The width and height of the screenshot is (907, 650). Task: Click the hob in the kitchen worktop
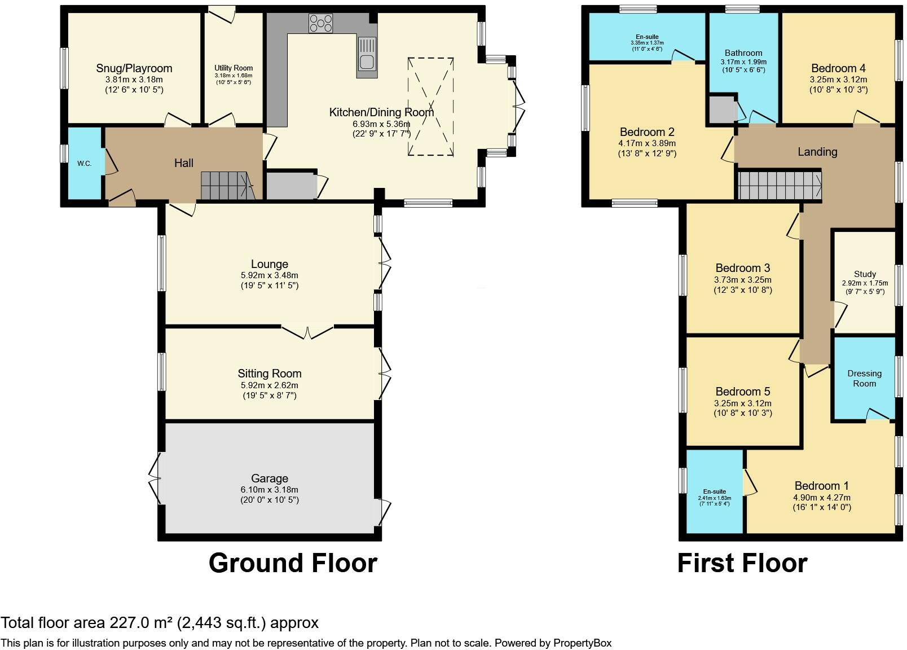[x=321, y=23]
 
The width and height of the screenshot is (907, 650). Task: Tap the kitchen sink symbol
[x=367, y=58]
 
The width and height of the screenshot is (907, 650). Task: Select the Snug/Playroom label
[x=134, y=68]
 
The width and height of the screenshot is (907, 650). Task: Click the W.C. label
[x=84, y=164]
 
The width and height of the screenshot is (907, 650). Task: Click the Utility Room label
[x=234, y=68]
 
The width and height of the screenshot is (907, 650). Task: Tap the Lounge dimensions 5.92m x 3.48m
[x=270, y=275]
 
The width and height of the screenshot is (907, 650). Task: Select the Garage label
[x=270, y=478]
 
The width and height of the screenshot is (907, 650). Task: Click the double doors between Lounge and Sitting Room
[x=308, y=332]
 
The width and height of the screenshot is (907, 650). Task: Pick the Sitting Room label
[x=270, y=374]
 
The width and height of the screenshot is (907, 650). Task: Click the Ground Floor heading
[x=293, y=563]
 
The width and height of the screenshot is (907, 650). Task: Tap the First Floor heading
[x=742, y=563]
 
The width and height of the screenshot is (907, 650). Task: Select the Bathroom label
[x=743, y=53]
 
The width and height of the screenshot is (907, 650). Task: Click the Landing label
[x=817, y=152]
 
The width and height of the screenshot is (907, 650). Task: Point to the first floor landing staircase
[x=780, y=186]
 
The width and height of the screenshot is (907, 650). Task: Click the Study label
[x=865, y=274]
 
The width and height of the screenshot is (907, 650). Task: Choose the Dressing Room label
[x=865, y=378]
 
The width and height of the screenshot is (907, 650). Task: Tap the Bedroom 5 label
[x=743, y=391]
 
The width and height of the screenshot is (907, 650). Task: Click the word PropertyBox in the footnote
[x=582, y=643]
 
